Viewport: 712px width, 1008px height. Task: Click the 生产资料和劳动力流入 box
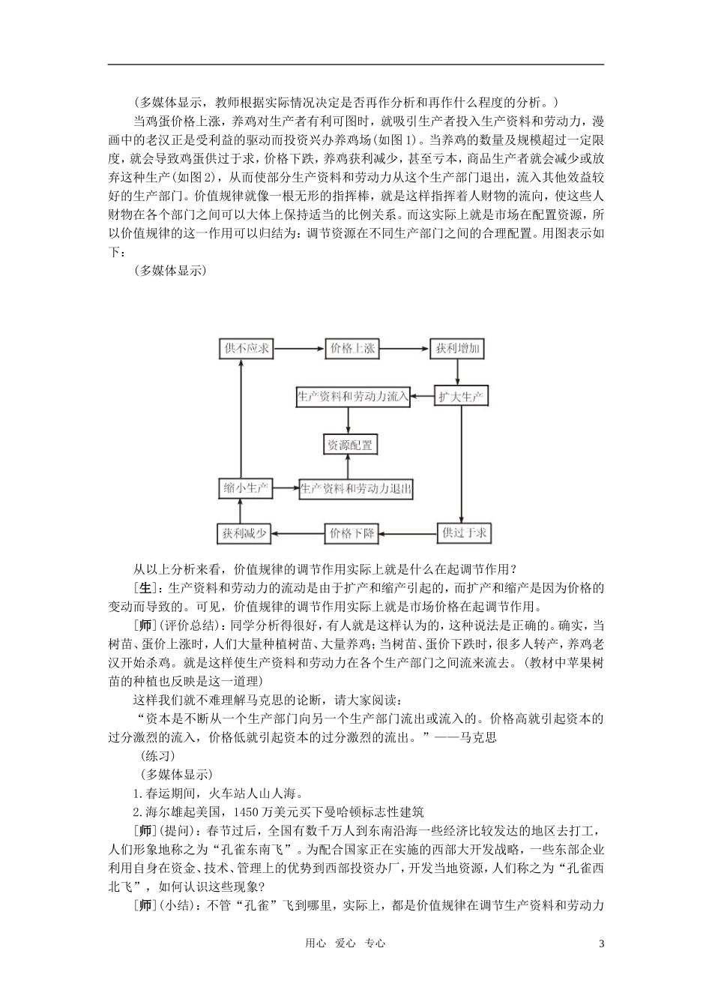point(353,396)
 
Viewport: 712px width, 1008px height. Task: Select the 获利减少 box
point(244,533)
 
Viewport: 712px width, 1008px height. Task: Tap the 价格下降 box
point(351,533)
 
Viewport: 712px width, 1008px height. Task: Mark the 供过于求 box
point(465,533)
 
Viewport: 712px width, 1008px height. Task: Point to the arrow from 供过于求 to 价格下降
point(408,533)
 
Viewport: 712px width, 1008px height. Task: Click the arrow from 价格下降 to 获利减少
point(298,533)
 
